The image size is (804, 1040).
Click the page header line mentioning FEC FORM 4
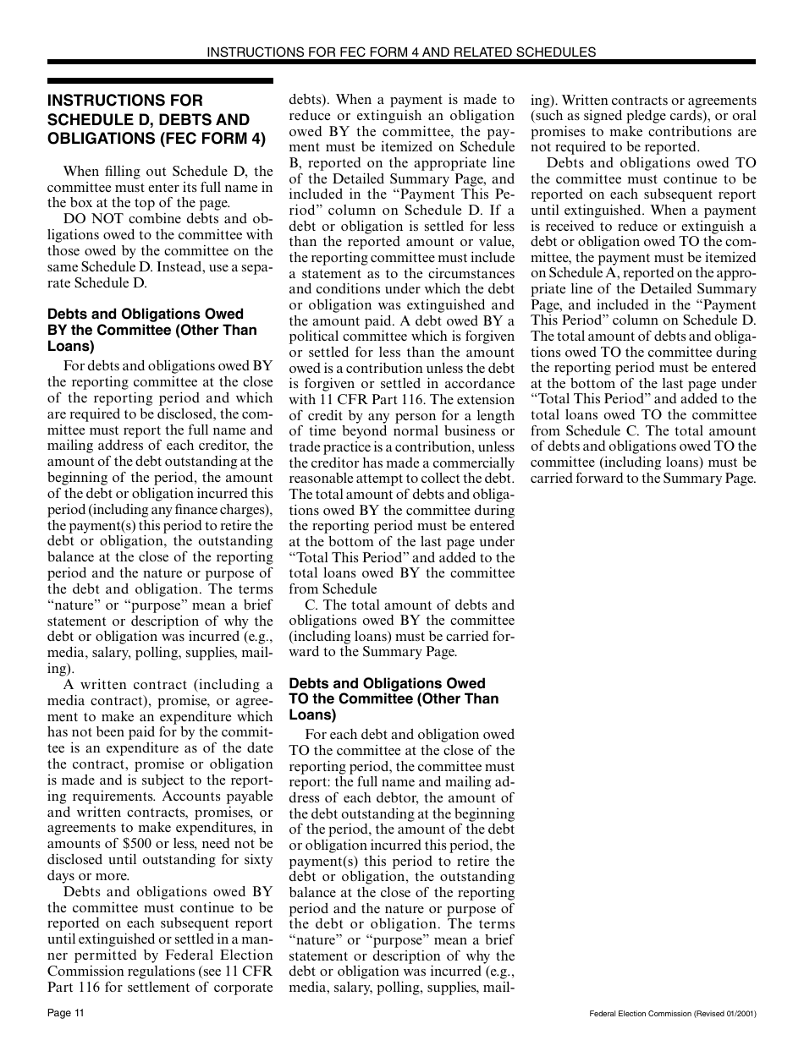coord(401,52)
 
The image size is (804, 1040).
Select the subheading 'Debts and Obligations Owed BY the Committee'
coord(151,330)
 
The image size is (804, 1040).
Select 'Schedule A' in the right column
coord(568,272)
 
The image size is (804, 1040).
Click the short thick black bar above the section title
coord(160,80)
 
